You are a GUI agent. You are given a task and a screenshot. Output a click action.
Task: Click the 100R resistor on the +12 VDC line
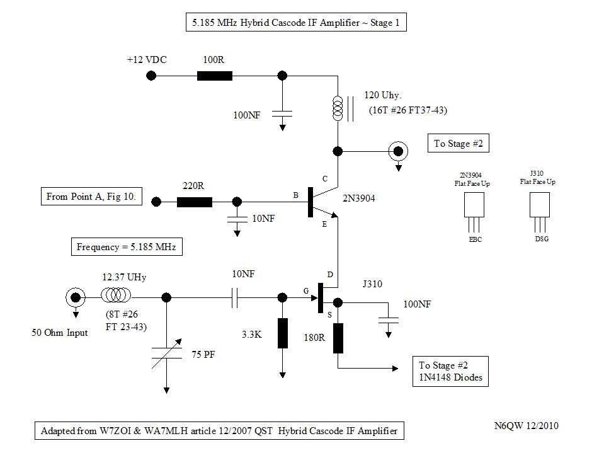(215, 76)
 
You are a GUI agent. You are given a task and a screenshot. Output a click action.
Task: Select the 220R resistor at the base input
(195, 202)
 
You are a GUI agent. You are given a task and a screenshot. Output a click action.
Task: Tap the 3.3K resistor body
(282, 333)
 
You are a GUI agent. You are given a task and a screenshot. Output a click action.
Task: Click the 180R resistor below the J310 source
(338, 338)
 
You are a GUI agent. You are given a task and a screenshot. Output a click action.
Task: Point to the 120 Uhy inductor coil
(338, 109)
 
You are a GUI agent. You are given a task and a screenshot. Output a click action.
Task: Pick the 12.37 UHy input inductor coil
(117, 295)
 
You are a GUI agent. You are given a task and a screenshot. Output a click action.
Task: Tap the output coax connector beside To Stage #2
(398, 151)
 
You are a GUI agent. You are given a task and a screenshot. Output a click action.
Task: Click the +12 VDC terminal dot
(151, 76)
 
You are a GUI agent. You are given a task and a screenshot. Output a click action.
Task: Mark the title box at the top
(295, 23)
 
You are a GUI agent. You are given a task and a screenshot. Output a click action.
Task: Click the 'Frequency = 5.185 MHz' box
(126, 247)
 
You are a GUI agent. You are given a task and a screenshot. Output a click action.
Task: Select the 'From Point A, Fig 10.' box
(92, 197)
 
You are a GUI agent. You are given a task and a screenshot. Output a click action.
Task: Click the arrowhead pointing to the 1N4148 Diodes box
(395, 369)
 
